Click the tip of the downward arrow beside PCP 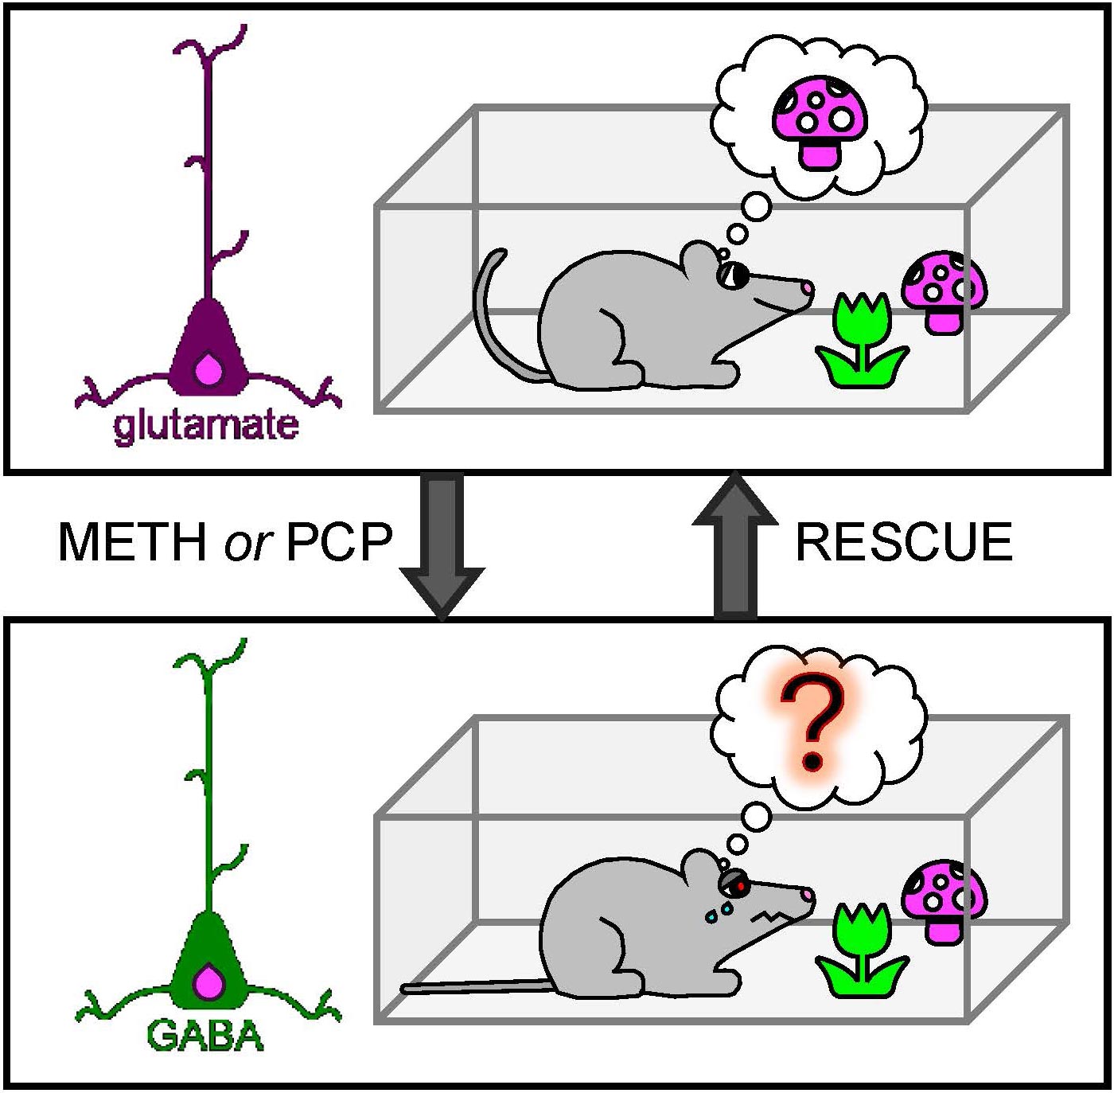click(x=442, y=619)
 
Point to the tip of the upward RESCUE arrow click(x=734, y=470)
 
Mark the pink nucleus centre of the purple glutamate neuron click(x=209, y=369)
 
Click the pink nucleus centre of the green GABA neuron click(x=209, y=982)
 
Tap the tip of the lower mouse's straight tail click(x=403, y=989)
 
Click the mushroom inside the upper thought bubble click(x=820, y=123)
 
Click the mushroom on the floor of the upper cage click(x=945, y=292)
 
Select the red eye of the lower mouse click(x=740, y=887)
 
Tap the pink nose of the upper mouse click(x=808, y=287)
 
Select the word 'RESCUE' click(x=904, y=541)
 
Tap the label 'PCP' click(x=339, y=541)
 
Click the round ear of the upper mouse click(x=699, y=260)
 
